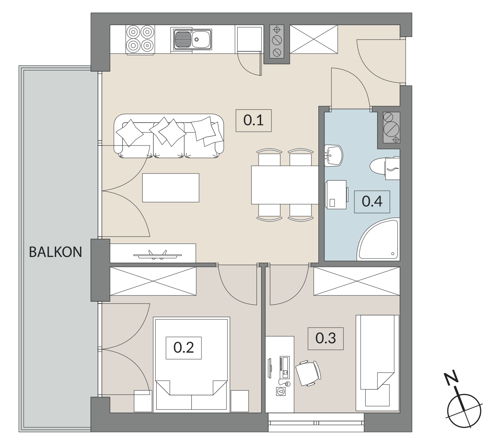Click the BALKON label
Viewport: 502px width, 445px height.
click(55, 252)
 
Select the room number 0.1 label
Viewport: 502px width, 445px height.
click(253, 120)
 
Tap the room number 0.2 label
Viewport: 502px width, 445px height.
click(184, 348)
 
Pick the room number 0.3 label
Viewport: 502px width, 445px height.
click(325, 338)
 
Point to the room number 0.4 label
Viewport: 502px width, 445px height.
click(372, 202)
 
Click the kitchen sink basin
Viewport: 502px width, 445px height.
click(192, 39)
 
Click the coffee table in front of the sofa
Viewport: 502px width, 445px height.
click(170, 188)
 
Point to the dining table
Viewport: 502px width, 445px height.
click(285, 185)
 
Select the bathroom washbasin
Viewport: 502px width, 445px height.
click(333, 155)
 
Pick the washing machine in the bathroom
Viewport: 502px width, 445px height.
click(336, 195)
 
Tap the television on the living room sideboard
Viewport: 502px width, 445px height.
click(157, 255)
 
